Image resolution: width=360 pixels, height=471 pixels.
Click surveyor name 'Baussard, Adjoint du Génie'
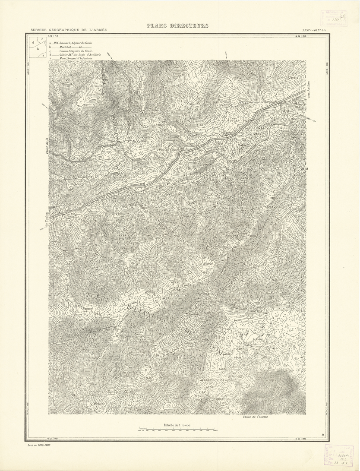[x=76, y=43]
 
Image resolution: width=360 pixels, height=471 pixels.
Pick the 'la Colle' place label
[x=258, y=340]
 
